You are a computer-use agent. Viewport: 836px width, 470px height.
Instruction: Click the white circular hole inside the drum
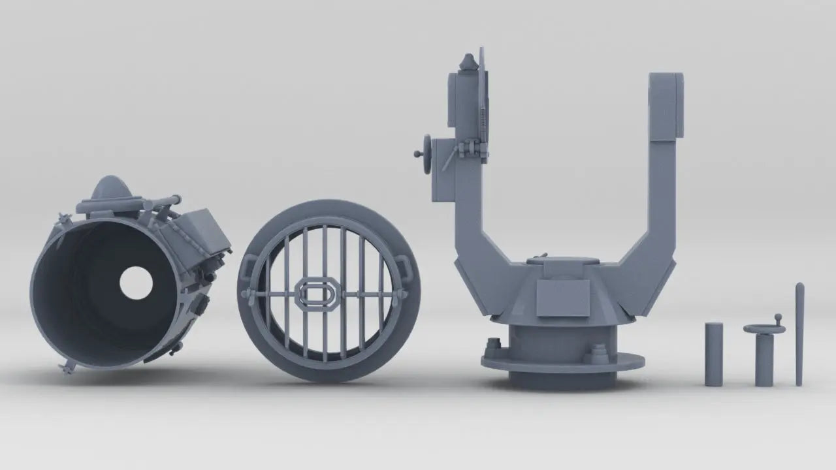pyautogui.click(x=136, y=283)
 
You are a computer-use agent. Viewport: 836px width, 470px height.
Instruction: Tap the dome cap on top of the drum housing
pyautogui.click(x=110, y=189)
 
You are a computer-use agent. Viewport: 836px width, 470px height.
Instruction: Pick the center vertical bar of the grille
pyautogui.click(x=325, y=261)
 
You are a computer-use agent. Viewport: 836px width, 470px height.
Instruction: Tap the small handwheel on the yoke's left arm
pyautogui.click(x=426, y=154)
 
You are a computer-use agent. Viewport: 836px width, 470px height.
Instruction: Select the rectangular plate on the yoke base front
pyautogui.click(x=562, y=298)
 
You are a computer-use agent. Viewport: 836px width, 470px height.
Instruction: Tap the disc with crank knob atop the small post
pyautogui.click(x=765, y=328)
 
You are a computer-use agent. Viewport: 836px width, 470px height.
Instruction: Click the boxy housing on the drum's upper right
pyautogui.click(x=204, y=232)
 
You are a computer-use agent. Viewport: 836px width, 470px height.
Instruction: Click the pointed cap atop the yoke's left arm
pyautogui.click(x=468, y=62)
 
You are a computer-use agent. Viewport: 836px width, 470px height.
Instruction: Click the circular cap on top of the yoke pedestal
pyautogui.click(x=562, y=260)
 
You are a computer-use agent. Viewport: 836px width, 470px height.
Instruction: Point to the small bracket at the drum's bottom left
pyautogui.click(x=68, y=368)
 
